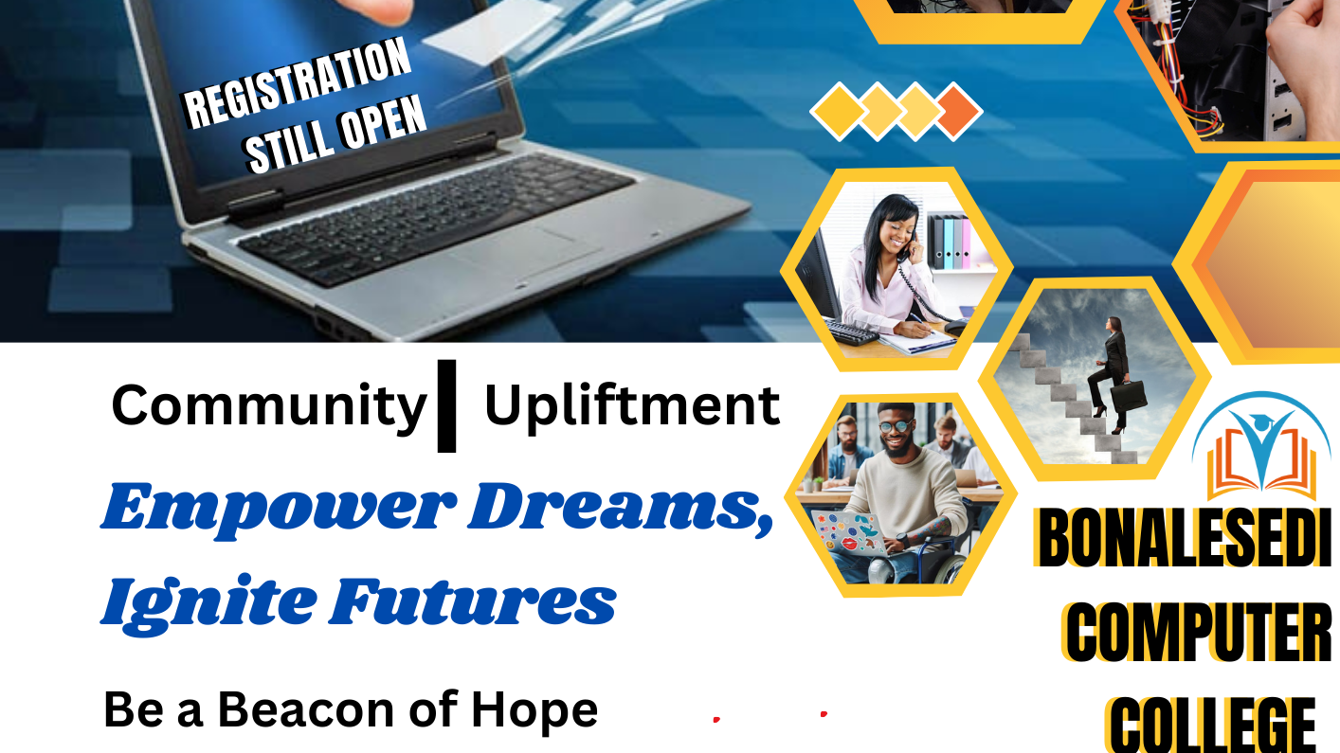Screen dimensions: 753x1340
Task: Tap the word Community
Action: (x=269, y=406)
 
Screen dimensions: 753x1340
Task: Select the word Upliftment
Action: (x=632, y=406)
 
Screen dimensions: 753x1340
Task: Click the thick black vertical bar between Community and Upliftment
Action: (x=446, y=404)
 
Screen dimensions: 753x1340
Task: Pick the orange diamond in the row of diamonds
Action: (x=957, y=111)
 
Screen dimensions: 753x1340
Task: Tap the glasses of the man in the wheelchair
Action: (x=894, y=427)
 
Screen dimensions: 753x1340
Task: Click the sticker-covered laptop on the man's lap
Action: (x=848, y=531)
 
